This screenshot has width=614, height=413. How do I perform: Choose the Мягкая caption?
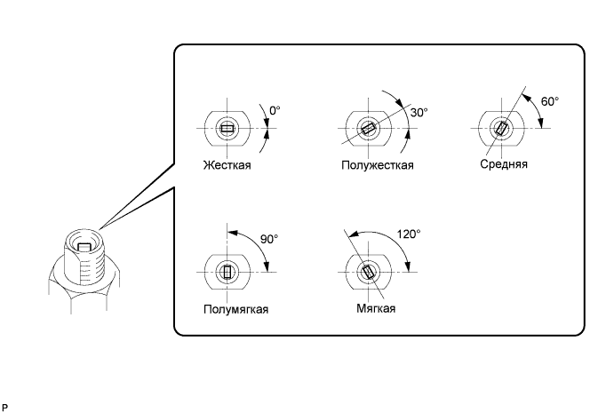coord(371,308)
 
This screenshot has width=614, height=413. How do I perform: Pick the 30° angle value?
coord(419,113)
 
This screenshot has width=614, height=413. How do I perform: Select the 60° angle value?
coord(550,102)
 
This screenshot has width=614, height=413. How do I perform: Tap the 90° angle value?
coord(269,239)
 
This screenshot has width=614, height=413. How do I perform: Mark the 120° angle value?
coord(409,234)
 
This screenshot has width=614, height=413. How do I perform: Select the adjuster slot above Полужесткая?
coord(368,130)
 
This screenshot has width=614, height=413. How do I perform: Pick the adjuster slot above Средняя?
coord(503,129)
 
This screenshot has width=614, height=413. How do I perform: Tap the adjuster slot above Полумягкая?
coord(228,272)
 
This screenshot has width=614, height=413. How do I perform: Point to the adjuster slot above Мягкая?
coord(368,272)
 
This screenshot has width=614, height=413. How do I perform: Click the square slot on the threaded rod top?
coord(84,247)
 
